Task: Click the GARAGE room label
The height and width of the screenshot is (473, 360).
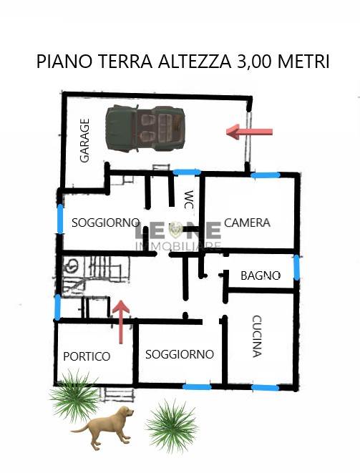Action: [x=84, y=140]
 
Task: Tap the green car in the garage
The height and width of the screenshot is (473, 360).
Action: [x=145, y=128]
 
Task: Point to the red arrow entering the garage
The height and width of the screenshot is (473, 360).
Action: [x=250, y=132]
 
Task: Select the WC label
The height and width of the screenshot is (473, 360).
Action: [x=189, y=200]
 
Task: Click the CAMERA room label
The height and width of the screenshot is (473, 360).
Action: [x=247, y=223]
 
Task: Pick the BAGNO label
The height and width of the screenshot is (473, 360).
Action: [x=261, y=275]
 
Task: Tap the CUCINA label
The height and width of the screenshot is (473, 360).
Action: [x=256, y=336]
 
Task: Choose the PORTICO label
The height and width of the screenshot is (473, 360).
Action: [x=87, y=356]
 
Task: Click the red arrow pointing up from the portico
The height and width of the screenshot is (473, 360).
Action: [x=121, y=322]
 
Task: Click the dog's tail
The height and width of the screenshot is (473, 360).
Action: [x=79, y=429]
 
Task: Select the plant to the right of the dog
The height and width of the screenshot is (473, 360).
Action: [x=172, y=426]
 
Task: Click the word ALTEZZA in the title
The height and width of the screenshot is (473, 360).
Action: [x=195, y=62]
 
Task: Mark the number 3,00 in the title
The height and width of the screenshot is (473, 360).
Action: [x=256, y=62]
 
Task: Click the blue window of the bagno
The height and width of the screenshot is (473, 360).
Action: [x=297, y=267]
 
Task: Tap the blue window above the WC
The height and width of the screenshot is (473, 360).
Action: [x=187, y=172]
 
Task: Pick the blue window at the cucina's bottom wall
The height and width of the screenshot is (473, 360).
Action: [x=266, y=387]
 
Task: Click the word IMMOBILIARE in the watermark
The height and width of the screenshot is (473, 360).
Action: [x=179, y=246]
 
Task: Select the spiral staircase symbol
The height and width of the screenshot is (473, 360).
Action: [x=72, y=266]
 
